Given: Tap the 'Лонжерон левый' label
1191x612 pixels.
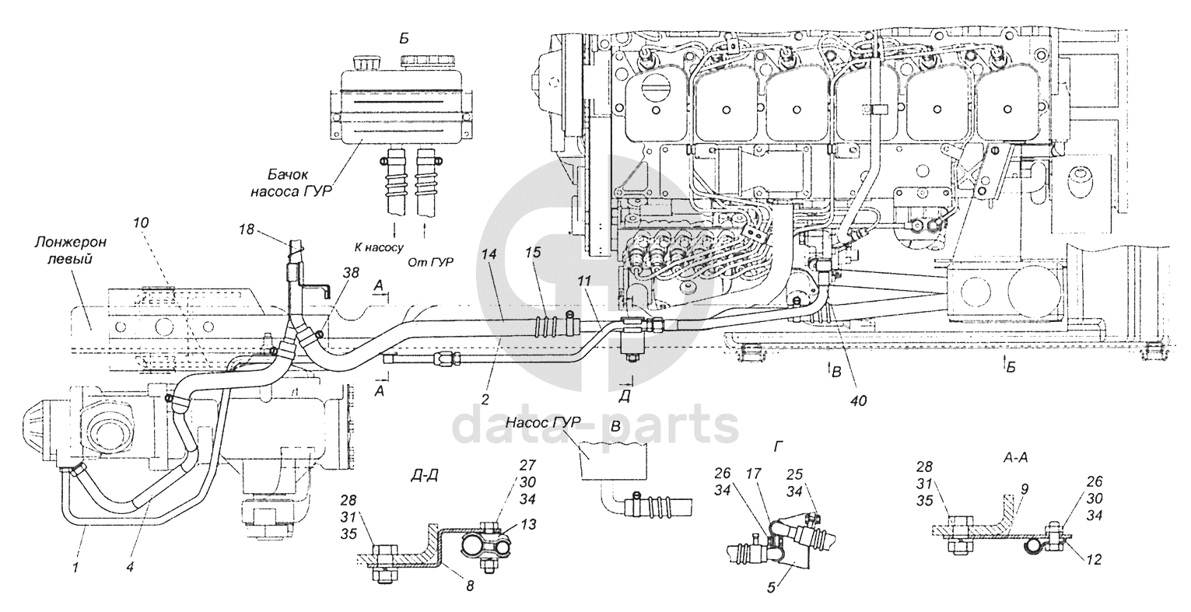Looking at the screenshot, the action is pyautogui.click(x=71, y=250).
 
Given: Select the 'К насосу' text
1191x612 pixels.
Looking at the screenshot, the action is pyautogui.click(x=379, y=247).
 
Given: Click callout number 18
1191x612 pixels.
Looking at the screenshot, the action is pyautogui.click(x=246, y=229).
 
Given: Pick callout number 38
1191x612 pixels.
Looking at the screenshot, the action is pyautogui.click(x=351, y=272).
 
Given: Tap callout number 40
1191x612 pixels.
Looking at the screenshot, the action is pyautogui.click(x=857, y=400).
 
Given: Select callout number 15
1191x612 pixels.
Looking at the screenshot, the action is pyautogui.click(x=533, y=252).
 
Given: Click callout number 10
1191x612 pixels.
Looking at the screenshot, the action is pyautogui.click(x=141, y=222).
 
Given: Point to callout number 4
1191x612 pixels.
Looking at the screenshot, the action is pyautogui.click(x=130, y=568).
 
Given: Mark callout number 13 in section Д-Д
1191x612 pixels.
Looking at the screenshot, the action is pyautogui.click(x=527, y=525).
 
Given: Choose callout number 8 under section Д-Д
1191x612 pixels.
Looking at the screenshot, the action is pyautogui.click(x=470, y=586).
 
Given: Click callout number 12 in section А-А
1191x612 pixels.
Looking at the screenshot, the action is pyautogui.click(x=1093, y=559).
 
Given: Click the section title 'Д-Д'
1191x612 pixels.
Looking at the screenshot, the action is pyautogui.click(x=425, y=475).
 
